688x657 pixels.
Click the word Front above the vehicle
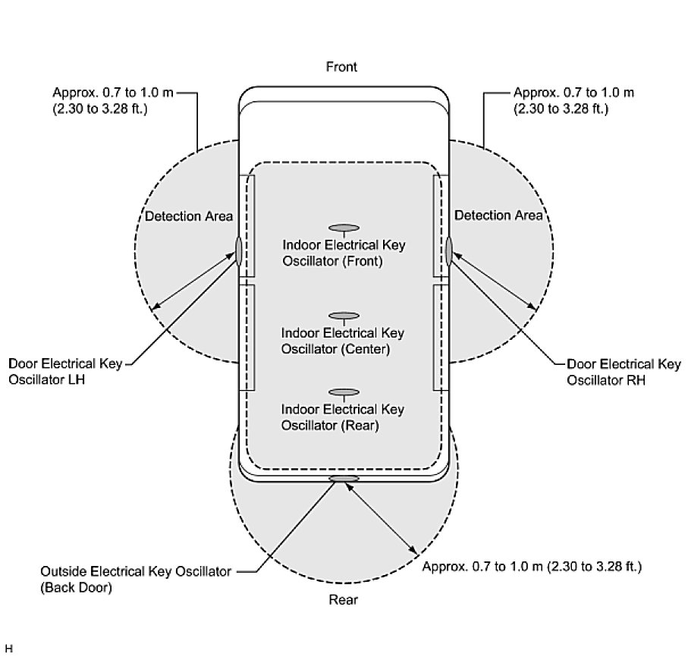(341, 67)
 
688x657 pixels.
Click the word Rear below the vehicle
(343, 600)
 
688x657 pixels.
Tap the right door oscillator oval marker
(448, 250)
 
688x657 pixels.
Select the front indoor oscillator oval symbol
(344, 227)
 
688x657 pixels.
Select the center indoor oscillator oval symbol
(344, 316)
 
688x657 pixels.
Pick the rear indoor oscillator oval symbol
(344, 392)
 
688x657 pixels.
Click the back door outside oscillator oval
(344, 479)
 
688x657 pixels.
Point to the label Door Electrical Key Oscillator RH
(624, 372)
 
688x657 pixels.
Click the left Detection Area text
(189, 216)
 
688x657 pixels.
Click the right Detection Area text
(498, 215)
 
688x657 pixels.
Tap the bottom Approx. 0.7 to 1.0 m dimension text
(532, 567)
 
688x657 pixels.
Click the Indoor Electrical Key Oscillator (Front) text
(344, 253)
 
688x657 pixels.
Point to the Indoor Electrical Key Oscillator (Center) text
(343, 341)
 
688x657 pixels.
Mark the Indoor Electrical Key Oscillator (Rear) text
(343, 417)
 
